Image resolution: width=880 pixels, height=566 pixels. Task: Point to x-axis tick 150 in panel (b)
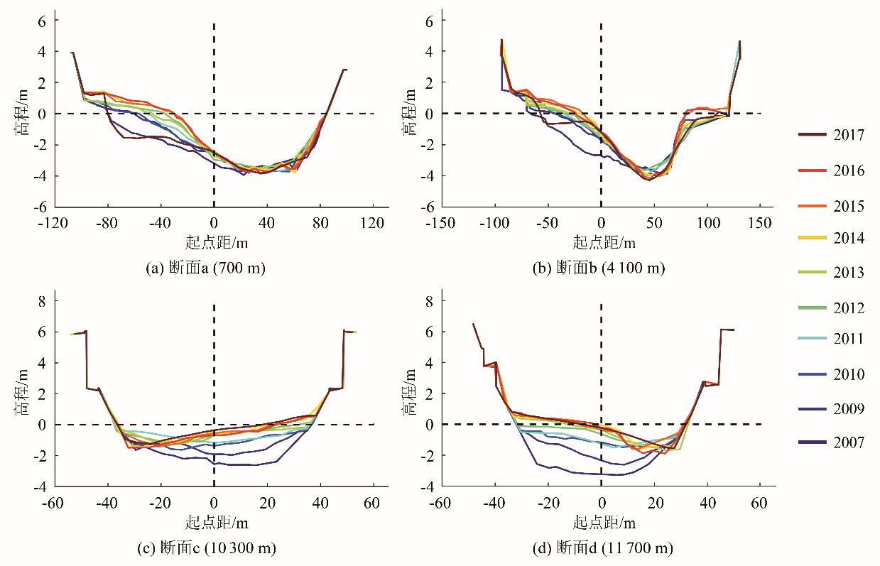(761, 223)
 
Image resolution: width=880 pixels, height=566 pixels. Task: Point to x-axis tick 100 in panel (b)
(707, 223)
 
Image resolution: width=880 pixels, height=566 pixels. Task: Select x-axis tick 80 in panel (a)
(320, 223)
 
